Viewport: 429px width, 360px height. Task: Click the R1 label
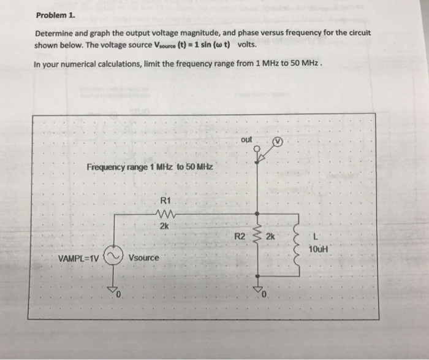[164, 200]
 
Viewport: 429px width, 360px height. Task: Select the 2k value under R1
[164, 226]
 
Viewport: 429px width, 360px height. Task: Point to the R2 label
[241, 236]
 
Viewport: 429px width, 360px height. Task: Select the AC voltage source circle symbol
[112, 256]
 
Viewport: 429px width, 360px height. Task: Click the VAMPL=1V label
[78, 258]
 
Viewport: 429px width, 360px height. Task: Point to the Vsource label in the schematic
[143, 258]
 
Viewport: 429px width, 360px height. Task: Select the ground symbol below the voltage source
[112, 289]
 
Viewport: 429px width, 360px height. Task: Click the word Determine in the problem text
[56, 34]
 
